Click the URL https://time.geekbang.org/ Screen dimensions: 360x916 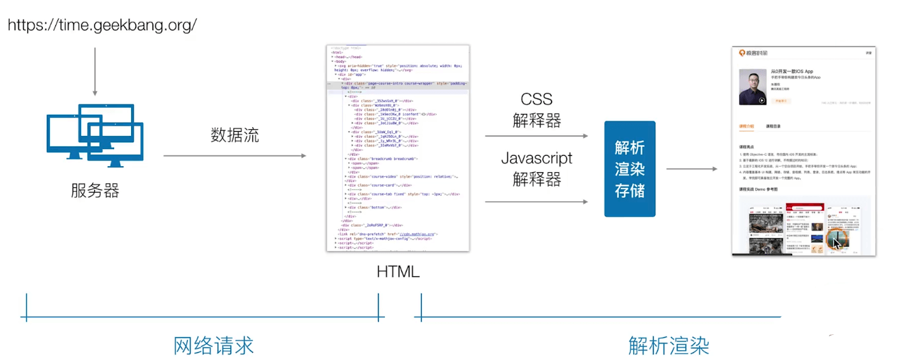[x=102, y=26]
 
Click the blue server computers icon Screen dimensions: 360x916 [x=95, y=135]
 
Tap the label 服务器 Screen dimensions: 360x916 [x=95, y=191]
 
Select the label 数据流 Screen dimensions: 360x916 [x=235, y=135]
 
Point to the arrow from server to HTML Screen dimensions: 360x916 [x=235, y=156]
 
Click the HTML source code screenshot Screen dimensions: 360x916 [x=398, y=148]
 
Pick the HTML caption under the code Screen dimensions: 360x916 [x=398, y=272]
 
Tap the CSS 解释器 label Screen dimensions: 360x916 [x=536, y=109]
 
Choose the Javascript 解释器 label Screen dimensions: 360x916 [x=536, y=168]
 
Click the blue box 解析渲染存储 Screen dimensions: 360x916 [x=629, y=169]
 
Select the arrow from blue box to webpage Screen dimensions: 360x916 [x=691, y=169]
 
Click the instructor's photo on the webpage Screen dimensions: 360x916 [x=752, y=86]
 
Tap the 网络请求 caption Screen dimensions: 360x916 [x=214, y=345]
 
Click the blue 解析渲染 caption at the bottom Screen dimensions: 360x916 [x=668, y=345]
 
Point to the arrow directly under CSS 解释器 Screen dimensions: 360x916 [x=536, y=136]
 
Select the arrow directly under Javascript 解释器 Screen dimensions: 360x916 [x=536, y=202]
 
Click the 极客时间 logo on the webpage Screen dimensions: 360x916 [x=753, y=53]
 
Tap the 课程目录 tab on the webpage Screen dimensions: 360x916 [x=774, y=126]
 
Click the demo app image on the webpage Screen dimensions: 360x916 [x=804, y=227]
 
